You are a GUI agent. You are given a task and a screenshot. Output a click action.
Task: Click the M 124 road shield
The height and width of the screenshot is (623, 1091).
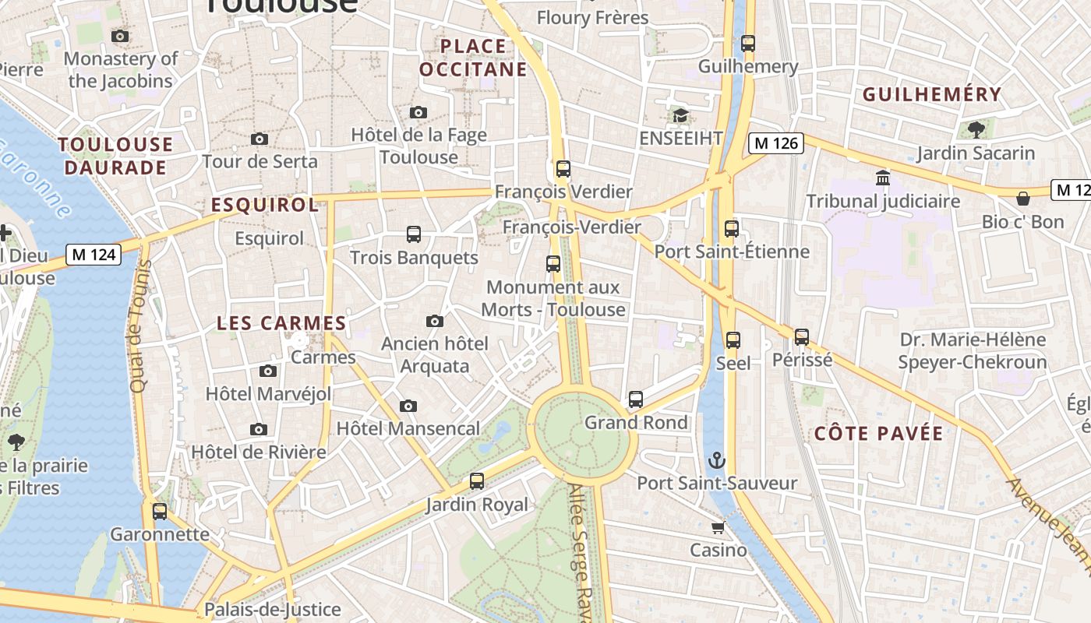(x=94, y=255)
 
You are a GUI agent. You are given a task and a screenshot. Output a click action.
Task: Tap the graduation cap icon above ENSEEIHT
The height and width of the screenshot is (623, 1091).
(x=680, y=116)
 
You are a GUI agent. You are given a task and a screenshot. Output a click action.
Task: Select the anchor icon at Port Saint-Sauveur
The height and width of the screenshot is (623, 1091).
(x=717, y=460)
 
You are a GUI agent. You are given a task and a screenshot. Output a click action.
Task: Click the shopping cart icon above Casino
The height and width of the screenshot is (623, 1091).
(x=718, y=527)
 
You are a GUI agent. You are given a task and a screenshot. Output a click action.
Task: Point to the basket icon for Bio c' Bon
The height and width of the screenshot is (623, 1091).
(x=1023, y=199)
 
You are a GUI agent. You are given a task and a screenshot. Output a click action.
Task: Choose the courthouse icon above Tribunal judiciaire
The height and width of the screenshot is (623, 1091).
(x=883, y=178)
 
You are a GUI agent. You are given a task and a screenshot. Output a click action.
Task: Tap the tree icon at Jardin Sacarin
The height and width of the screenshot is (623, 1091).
(x=976, y=130)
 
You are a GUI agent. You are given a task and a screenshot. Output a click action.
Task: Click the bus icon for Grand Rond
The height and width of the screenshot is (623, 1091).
(x=636, y=399)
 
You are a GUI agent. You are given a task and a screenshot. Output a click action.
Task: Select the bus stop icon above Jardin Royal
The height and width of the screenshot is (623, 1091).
(x=477, y=481)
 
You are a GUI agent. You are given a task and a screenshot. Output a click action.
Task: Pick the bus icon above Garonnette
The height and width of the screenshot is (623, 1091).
(x=160, y=512)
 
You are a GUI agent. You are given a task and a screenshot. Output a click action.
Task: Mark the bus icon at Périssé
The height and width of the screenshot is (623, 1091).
(x=802, y=337)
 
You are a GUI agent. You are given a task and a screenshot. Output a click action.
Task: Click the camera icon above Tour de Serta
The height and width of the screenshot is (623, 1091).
(x=260, y=139)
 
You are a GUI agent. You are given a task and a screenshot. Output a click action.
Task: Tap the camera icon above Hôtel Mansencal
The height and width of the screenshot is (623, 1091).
(x=408, y=406)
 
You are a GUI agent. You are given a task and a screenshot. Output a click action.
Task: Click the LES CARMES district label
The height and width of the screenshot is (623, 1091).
(x=281, y=323)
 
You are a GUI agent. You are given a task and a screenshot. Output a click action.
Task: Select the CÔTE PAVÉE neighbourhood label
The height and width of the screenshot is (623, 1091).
(x=878, y=434)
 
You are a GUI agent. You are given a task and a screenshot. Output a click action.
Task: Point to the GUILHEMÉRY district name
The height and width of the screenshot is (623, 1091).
(x=931, y=94)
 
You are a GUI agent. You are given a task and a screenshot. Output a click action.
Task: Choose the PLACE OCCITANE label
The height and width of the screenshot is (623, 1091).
(x=473, y=58)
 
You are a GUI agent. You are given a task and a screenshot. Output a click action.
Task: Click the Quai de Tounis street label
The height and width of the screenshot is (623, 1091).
(x=139, y=326)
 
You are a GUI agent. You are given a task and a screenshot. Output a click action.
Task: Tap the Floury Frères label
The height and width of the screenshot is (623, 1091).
(x=592, y=17)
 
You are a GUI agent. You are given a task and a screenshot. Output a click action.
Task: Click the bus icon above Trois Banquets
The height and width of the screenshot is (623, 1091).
(x=414, y=234)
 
